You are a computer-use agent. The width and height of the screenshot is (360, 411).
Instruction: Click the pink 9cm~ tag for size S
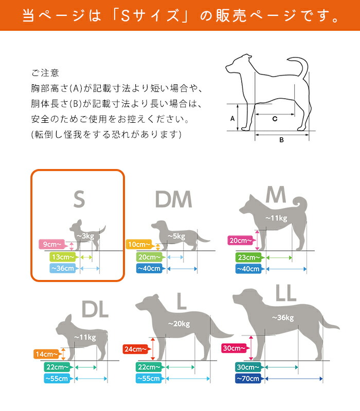[x=52, y=245]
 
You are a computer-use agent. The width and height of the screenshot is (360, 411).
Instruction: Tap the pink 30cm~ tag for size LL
[x=235, y=348]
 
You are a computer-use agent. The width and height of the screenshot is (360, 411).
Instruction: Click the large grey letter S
[x=79, y=199]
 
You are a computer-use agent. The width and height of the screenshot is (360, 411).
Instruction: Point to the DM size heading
[x=173, y=199]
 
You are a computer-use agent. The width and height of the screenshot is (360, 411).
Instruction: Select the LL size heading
[x=286, y=293]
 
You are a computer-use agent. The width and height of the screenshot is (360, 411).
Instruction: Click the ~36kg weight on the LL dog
[x=283, y=317]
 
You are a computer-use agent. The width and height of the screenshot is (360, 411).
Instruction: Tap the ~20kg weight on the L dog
[x=179, y=324]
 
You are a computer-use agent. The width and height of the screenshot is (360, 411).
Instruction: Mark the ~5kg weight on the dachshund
[x=176, y=236]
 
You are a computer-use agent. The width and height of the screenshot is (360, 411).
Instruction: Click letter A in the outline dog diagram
[x=232, y=119]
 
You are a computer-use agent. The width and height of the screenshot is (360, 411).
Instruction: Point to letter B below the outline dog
[x=281, y=140]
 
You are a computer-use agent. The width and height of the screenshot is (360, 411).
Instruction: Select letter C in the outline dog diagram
[x=275, y=119]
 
